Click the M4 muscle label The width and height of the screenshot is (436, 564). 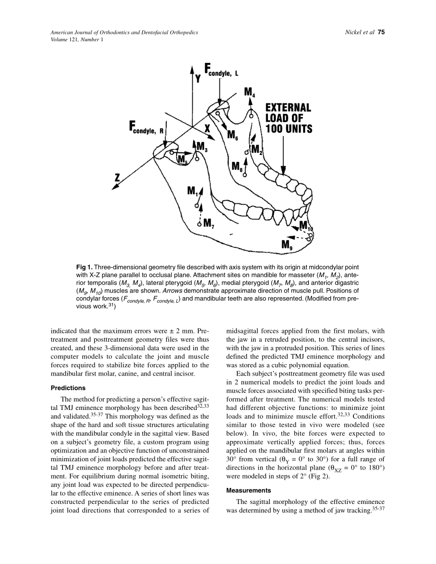250,93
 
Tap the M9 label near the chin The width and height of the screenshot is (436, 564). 287,245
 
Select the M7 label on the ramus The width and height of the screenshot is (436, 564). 209,223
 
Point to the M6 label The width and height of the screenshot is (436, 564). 233,135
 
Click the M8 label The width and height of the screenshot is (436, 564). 237,166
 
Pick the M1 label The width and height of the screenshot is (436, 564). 193,192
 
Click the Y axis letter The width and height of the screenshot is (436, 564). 198,78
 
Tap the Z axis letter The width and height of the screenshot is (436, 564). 117,178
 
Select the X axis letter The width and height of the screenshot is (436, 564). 207,128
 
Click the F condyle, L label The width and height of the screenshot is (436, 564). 221,70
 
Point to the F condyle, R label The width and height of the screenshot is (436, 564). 146,127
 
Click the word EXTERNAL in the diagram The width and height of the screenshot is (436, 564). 288,108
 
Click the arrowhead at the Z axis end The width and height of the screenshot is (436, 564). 115,187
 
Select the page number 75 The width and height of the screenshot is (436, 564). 381,32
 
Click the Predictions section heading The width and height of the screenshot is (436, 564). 68,388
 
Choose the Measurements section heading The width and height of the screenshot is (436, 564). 248,491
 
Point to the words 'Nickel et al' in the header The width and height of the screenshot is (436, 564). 360,32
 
